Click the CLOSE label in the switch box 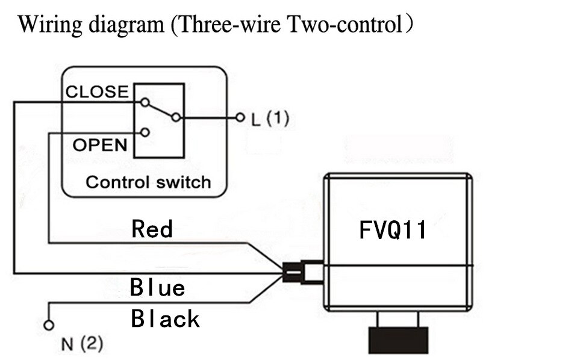[97, 92]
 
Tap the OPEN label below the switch [100, 145]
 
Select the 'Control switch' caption [148, 182]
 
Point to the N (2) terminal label [82, 344]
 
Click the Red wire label [152, 229]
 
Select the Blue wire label [157, 288]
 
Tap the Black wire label [165, 318]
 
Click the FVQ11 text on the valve [393, 230]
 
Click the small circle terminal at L [240, 117]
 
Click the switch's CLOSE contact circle [145, 102]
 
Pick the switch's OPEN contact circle [145, 132]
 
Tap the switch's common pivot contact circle [175, 117]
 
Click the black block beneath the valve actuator [398, 340]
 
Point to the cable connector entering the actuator [301, 272]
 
